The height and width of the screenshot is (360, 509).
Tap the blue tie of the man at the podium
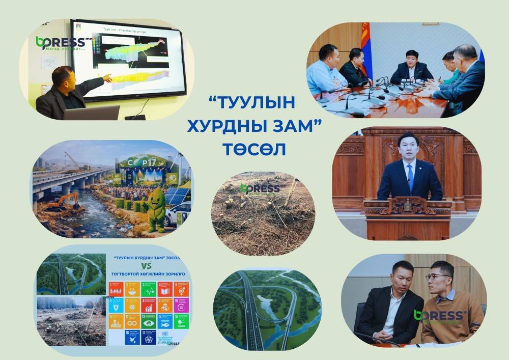410,176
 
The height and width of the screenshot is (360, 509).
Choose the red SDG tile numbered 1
117,289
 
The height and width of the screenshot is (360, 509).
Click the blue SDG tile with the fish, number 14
165,321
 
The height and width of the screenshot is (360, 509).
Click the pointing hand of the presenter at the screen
107,78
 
